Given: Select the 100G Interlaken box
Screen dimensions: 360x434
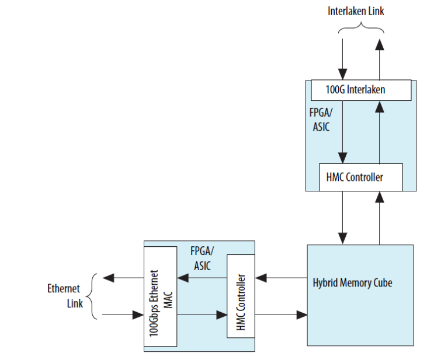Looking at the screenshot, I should click(x=356, y=90).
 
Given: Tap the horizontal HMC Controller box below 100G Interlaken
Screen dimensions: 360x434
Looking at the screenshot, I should click(x=360, y=177).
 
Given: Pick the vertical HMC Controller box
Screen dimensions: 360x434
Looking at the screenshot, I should click(x=239, y=296).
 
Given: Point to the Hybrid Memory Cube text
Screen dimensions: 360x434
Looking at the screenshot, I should click(x=352, y=283).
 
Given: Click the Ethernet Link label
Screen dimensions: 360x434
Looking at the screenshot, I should click(x=64, y=296).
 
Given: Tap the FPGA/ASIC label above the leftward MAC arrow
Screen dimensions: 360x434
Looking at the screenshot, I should click(x=202, y=258).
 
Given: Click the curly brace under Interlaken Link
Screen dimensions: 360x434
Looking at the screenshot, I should click(x=361, y=26).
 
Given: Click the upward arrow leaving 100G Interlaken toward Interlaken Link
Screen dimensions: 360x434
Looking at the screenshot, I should click(x=380, y=59).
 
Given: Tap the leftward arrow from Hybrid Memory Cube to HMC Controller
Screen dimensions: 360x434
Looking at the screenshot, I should click(x=280, y=278).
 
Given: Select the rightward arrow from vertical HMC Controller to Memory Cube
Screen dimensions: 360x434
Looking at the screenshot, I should click(x=280, y=315).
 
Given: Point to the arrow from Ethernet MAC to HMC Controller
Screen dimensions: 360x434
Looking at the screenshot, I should click(x=202, y=315).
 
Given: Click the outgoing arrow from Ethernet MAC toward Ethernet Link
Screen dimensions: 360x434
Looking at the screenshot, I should click(x=123, y=278).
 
